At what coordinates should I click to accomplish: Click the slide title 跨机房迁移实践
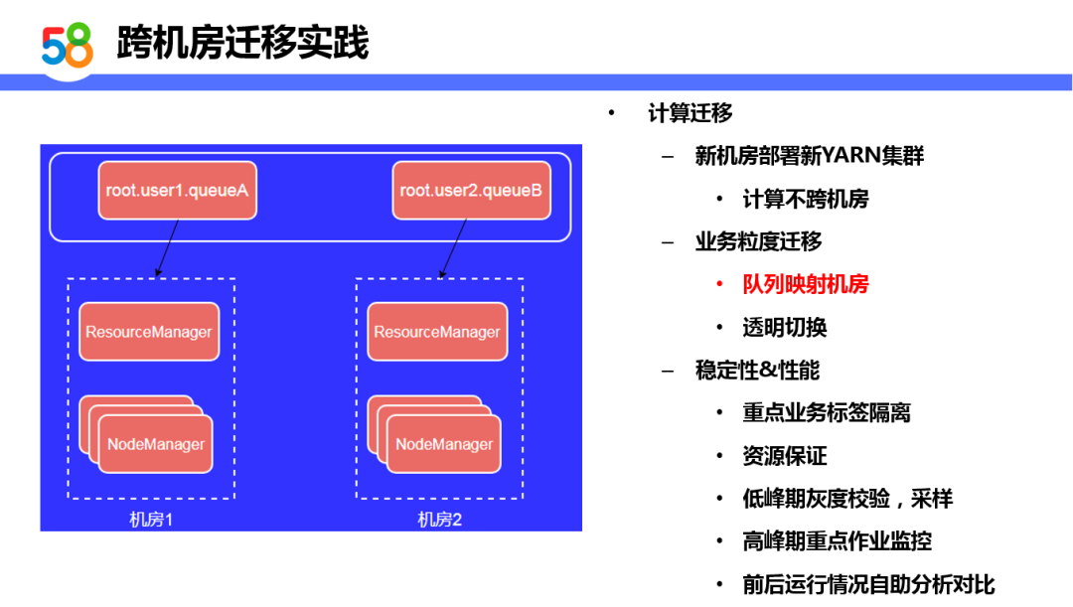pyautogui.click(x=242, y=43)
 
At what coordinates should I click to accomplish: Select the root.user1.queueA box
pyautogui.click(x=177, y=190)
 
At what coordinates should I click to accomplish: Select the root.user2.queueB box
pyautogui.click(x=471, y=190)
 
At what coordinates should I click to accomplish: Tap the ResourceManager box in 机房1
pyautogui.click(x=149, y=332)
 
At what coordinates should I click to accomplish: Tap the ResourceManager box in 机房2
pyautogui.click(x=437, y=332)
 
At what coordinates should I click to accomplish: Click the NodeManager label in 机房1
pyautogui.click(x=156, y=444)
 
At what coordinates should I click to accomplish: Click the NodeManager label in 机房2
pyautogui.click(x=444, y=444)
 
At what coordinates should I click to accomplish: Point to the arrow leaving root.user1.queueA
pyautogui.click(x=167, y=247)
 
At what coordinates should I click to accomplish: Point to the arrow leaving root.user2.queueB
pyautogui.click(x=453, y=247)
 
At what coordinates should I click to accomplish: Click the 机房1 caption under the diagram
pyautogui.click(x=151, y=520)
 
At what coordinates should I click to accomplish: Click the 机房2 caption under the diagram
pyautogui.click(x=439, y=520)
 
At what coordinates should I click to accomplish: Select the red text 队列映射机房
pyautogui.click(x=806, y=285)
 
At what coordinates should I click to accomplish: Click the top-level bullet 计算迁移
pyautogui.click(x=690, y=113)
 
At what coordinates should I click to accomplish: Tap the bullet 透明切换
pyautogui.click(x=785, y=328)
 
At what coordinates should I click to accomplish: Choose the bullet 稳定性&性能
pyautogui.click(x=757, y=371)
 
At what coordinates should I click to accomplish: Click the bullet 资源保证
pyautogui.click(x=785, y=456)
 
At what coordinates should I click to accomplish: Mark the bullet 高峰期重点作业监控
pyautogui.click(x=837, y=541)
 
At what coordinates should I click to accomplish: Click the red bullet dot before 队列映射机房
pyautogui.click(x=720, y=285)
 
